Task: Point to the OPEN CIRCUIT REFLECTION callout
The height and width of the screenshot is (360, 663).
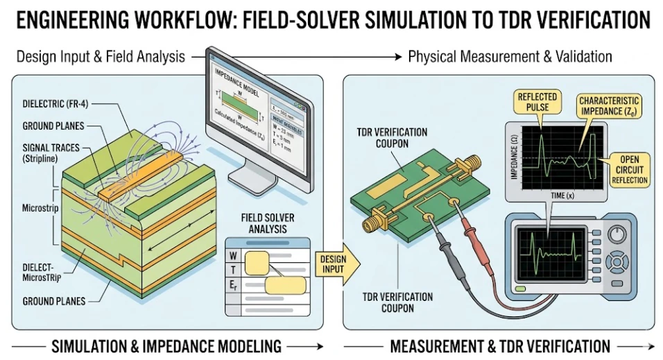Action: click(630, 169)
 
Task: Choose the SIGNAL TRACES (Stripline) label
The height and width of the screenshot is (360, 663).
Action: click(53, 152)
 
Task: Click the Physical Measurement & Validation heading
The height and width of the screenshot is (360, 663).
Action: click(510, 56)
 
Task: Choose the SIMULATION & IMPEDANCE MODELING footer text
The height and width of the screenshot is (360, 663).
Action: click(166, 345)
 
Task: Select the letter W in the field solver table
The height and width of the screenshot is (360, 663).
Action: click(234, 256)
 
